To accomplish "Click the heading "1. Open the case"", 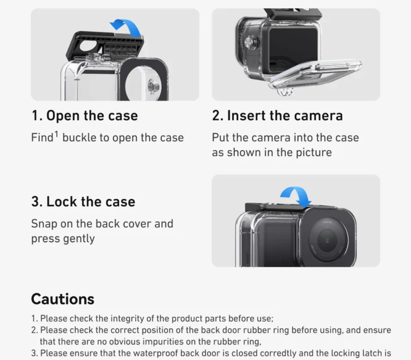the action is (84, 116).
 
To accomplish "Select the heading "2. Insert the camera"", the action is (277, 116).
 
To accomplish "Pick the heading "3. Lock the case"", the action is (83, 201).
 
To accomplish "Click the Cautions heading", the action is (63, 299).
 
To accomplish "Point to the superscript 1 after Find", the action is (56, 134).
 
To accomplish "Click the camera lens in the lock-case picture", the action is (328, 239).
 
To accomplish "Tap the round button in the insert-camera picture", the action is (249, 42).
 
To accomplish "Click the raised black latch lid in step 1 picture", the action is (105, 45).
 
